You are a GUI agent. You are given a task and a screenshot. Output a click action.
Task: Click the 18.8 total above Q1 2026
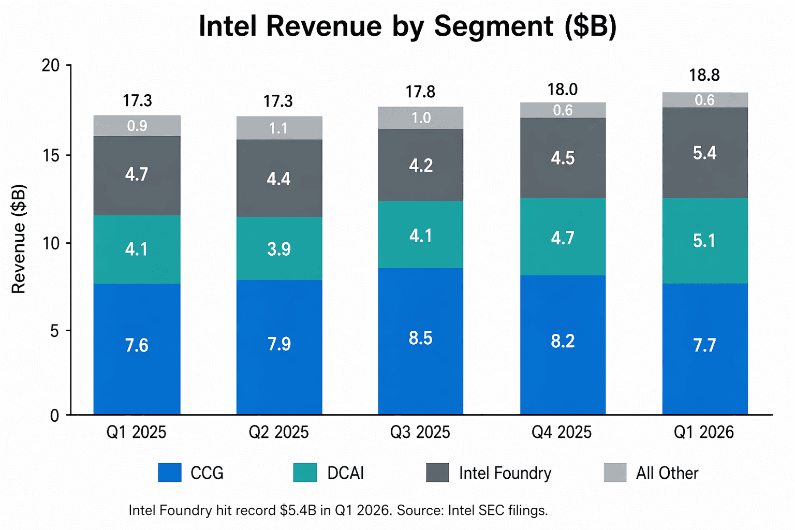pos(704,76)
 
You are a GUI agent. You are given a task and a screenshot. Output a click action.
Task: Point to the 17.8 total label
pos(420,92)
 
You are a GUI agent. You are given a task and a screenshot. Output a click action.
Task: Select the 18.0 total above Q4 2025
pos(563,90)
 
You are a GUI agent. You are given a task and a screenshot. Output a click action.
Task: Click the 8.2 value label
pos(563,342)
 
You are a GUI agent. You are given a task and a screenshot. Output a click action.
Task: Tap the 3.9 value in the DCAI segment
pos(279,249)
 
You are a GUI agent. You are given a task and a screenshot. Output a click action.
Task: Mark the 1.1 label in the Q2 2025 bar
pos(278,128)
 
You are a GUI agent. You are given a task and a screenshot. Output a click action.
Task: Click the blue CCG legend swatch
pos(170,473)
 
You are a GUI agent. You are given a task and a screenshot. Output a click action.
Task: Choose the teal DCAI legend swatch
pos(305,473)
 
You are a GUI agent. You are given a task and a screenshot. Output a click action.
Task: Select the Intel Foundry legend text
pos(505,473)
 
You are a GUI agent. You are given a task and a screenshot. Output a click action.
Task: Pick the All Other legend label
pos(667,473)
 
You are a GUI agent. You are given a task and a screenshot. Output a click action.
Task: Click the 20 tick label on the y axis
pos(51,66)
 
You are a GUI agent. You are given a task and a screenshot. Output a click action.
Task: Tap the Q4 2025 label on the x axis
pos(562,432)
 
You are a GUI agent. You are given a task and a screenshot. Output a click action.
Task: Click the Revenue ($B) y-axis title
pos(19,239)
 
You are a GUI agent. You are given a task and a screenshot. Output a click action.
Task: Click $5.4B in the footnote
pos(298,510)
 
